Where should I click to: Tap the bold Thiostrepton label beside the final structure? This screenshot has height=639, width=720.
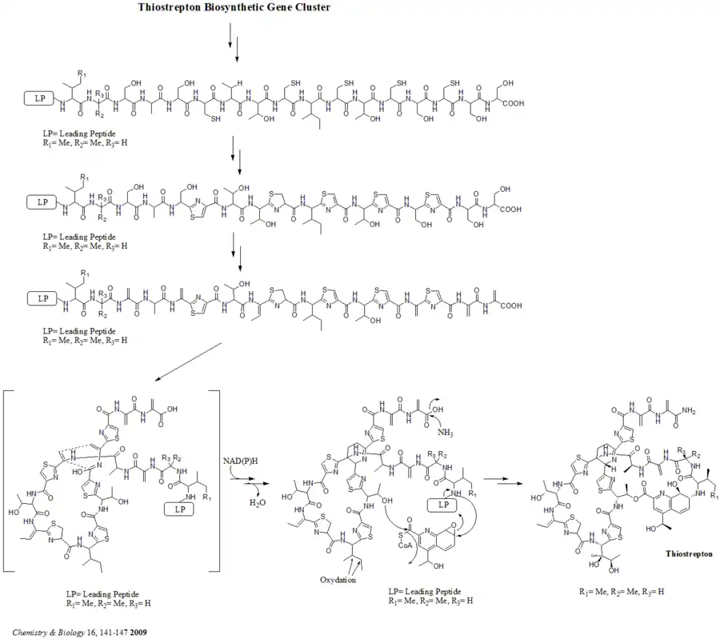click(688, 553)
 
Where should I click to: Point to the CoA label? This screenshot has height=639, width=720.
click(422, 545)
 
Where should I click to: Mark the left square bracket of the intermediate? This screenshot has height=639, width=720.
click(7, 480)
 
